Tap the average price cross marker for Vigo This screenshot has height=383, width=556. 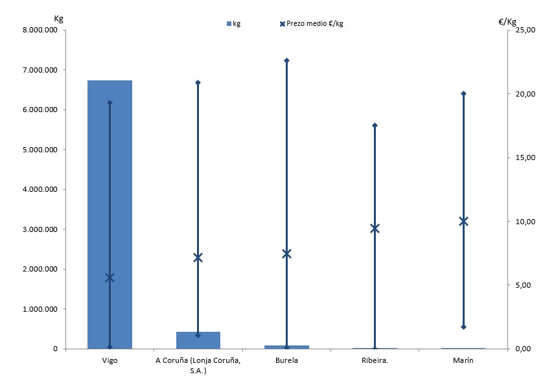110,277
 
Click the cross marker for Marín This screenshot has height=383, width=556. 463,221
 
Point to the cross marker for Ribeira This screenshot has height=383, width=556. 375,228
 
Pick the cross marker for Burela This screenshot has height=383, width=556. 286,253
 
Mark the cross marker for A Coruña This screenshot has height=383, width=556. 198,257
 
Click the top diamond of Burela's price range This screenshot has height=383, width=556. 286,60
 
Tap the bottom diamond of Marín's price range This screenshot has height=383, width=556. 463,327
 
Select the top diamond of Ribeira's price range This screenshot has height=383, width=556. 375,125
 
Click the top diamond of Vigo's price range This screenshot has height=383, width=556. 110,102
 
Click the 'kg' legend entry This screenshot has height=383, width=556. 233,24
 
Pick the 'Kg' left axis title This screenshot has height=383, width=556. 58,19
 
